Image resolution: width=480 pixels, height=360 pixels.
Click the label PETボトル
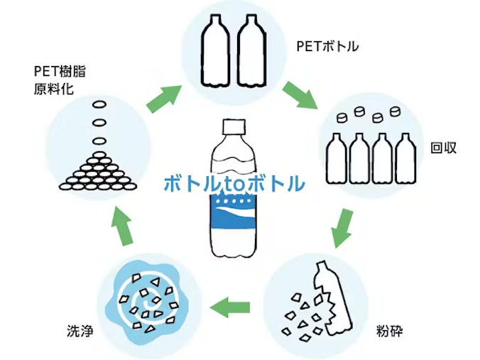(327, 47)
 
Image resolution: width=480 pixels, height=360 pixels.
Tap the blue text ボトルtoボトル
(234, 183)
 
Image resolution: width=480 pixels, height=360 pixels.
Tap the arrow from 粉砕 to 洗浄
(232, 307)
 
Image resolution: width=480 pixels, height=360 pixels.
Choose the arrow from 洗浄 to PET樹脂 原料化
(122, 228)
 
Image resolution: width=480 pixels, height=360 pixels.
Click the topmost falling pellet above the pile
(98, 107)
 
